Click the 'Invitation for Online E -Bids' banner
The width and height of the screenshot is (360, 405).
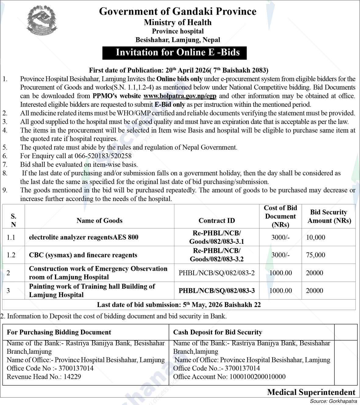click(174, 52)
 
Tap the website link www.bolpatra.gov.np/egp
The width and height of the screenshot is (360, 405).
click(180, 96)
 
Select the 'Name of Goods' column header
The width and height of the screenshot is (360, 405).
click(99, 220)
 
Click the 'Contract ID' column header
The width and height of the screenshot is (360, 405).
click(216, 220)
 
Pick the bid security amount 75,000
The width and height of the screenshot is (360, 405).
click(315, 255)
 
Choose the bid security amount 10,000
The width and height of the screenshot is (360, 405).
click(315, 237)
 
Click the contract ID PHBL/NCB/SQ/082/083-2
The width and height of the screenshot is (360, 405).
click(216, 273)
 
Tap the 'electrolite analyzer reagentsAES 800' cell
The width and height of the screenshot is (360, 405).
click(84, 237)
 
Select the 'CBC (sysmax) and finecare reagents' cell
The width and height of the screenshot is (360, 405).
click(83, 255)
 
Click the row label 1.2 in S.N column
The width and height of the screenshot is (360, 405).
click(11, 255)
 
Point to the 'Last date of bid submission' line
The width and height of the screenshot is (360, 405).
click(179, 305)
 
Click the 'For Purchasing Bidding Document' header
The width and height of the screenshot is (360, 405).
click(59, 332)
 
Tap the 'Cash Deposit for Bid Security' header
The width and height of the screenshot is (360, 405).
click(217, 332)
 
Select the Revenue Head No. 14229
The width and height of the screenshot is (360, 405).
click(44, 377)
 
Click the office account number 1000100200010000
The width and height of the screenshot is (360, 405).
click(229, 377)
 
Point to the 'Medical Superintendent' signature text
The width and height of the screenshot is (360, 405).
click(311, 392)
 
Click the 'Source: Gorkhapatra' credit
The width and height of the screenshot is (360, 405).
click(332, 401)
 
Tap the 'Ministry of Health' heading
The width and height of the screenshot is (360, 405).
click(178, 22)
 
